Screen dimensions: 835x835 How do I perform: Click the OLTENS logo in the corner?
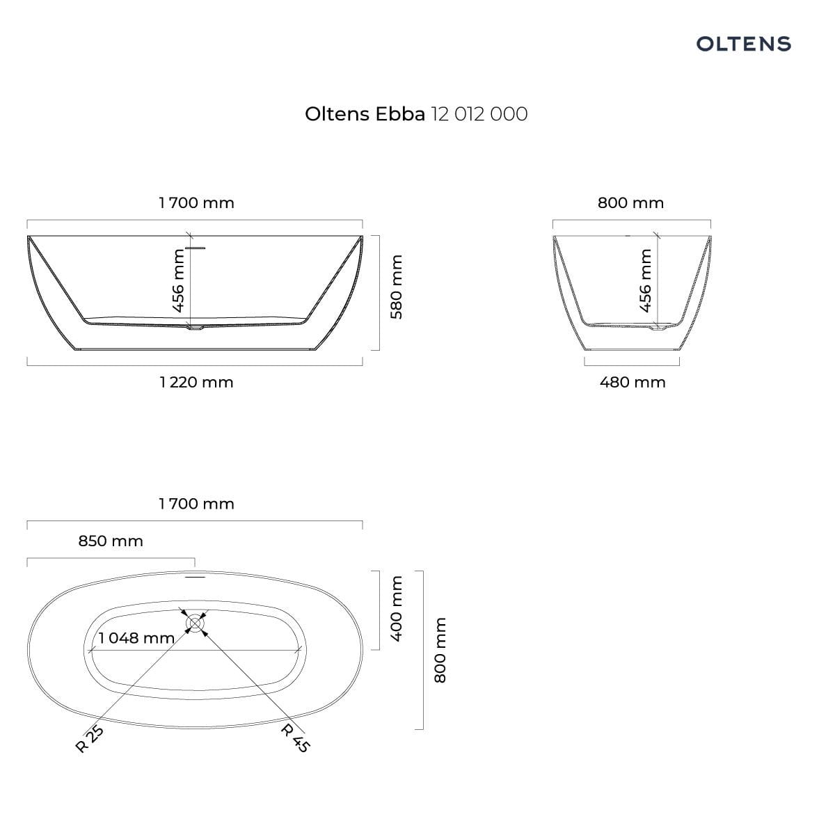click(744, 44)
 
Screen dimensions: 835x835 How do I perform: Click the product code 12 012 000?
click(479, 114)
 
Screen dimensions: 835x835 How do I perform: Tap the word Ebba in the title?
click(400, 114)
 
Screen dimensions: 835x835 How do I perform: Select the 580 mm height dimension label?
click(396, 287)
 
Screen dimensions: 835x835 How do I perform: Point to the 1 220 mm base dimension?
click(196, 382)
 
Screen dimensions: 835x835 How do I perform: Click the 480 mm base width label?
click(633, 382)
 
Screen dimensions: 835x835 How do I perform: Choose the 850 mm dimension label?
click(111, 541)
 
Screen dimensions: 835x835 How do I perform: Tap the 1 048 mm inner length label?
click(136, 638)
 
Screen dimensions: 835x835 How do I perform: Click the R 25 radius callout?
click(90, 739)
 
